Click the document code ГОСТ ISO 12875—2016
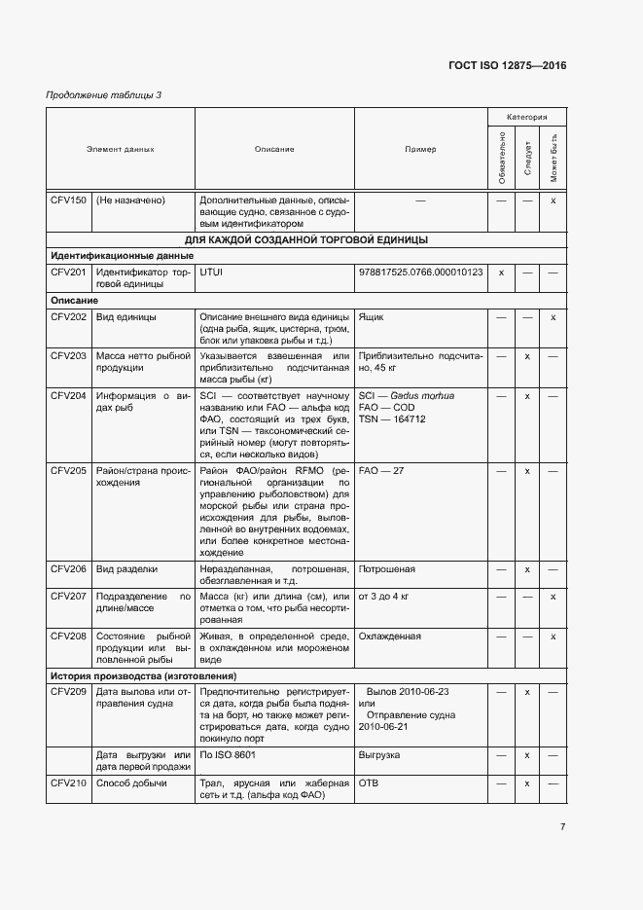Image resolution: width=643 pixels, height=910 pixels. pos(506,66)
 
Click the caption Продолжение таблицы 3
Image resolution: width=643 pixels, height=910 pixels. pos(103,94)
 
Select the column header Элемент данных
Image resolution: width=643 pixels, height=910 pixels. pos(120,150)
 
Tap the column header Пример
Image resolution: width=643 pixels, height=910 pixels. pos(420,150)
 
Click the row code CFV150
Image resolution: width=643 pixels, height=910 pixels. pos(68,200)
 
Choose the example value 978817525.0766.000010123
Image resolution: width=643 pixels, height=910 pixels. pos(420,273)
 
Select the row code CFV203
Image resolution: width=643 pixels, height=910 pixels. pos(68,357)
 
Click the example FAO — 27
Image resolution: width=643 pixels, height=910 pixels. pos(380,470)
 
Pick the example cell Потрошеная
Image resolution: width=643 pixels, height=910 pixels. pos(386,569)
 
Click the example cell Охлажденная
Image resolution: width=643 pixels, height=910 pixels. pos(389,637)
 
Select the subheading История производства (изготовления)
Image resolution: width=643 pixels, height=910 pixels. pos(144,675)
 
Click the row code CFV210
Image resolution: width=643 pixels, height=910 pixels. pos(68,783)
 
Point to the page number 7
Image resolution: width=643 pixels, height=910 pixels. pos(562,827)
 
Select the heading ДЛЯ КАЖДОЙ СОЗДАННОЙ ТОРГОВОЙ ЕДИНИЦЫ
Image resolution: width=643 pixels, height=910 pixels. pos(306,239)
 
